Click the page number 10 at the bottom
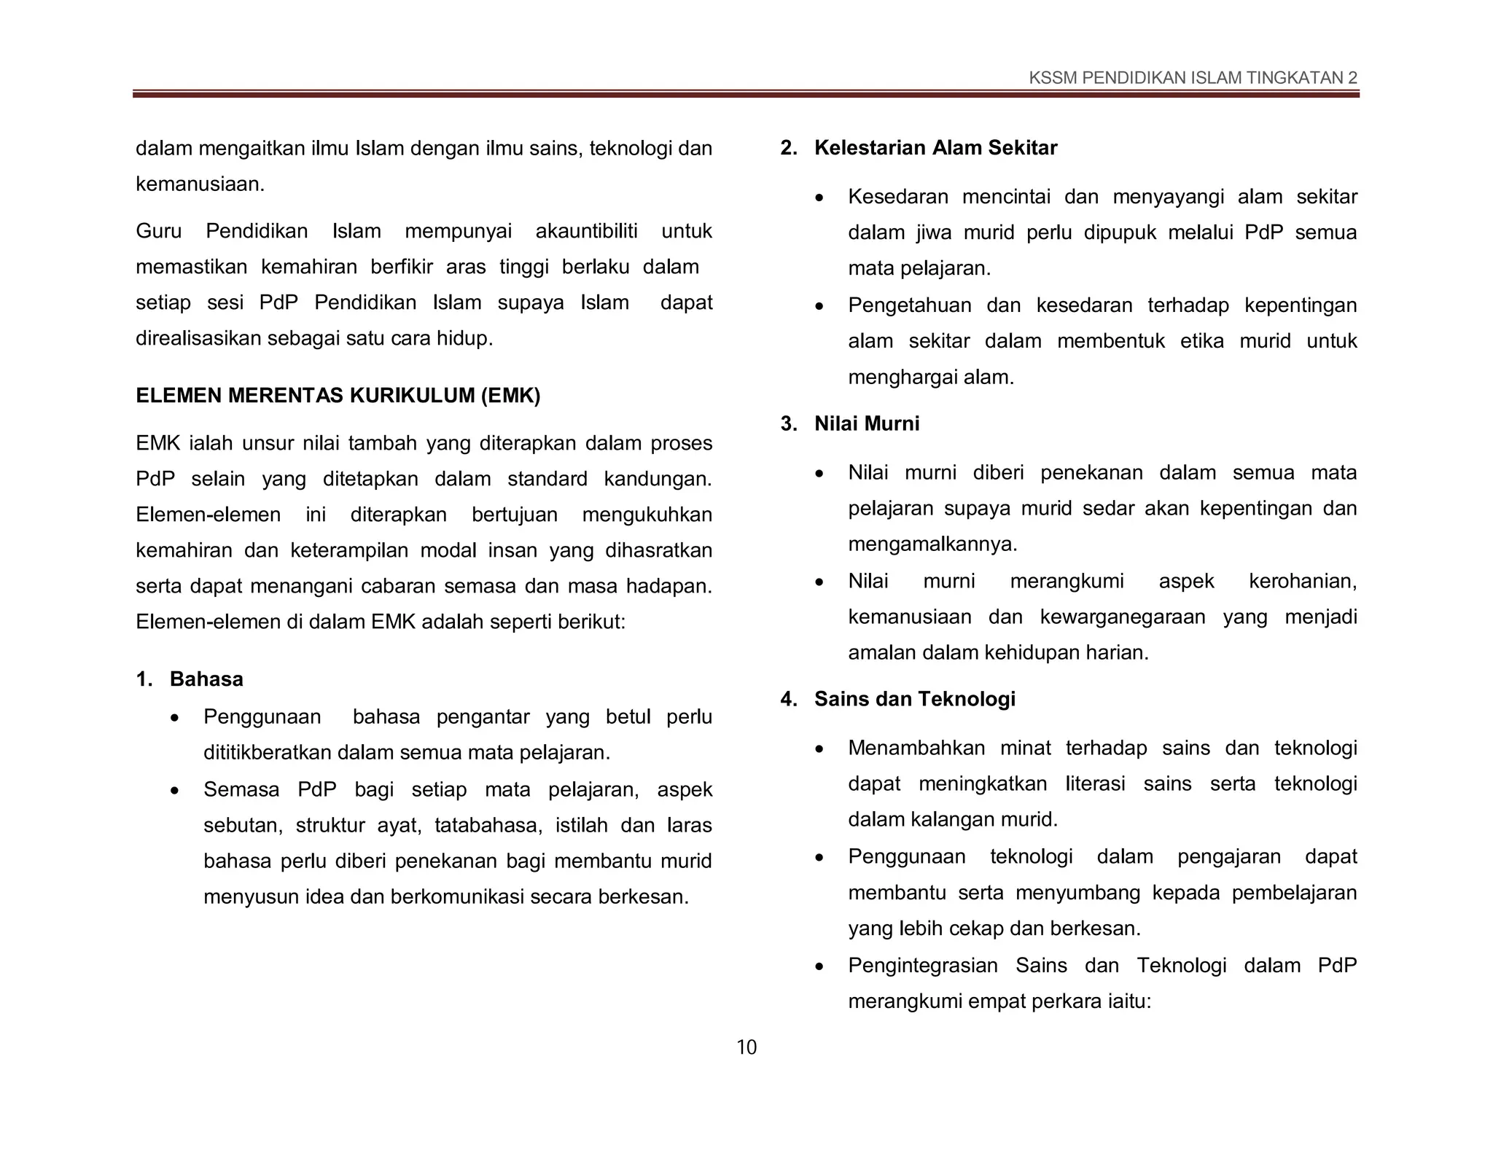(746, 1047)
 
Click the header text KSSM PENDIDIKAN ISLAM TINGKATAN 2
(1193, 78)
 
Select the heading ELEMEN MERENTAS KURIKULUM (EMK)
(338, 396)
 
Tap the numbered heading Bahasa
(206, 679)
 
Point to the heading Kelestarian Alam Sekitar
(935, 148)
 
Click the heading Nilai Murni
(867, 423)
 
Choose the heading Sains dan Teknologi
(914, 699)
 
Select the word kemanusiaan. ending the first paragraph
(200, 184)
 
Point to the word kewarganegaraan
(1123, 617)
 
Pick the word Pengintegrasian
(923, 966)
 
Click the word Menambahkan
(916, 748)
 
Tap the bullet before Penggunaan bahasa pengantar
(174, 719)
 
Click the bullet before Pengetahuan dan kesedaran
(819, 307)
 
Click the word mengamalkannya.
(932, 544)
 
